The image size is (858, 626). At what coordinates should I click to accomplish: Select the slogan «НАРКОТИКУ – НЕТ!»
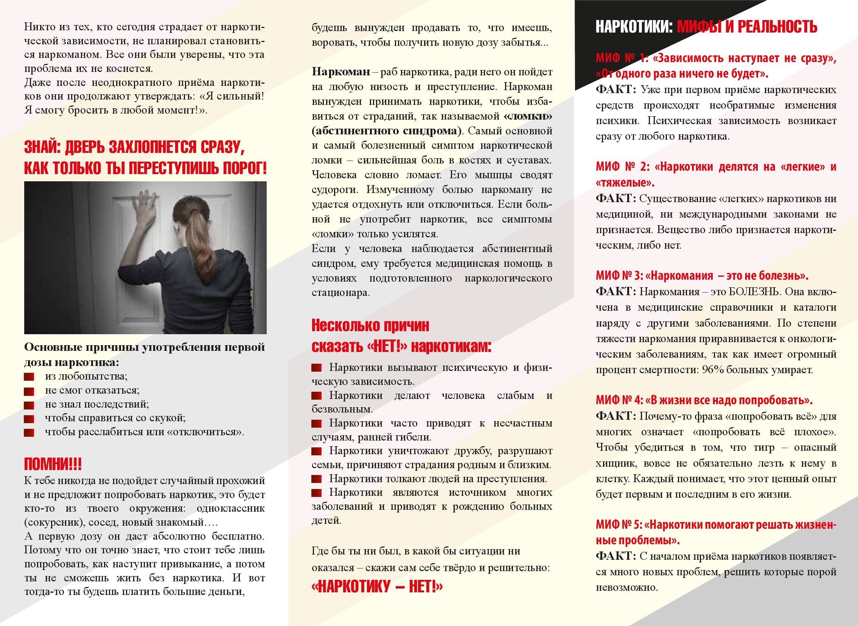[x=376, y=587]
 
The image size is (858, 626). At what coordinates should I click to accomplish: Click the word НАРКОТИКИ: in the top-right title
[x=634, y=27]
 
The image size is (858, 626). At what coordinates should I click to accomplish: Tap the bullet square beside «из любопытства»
[x=29, y=377]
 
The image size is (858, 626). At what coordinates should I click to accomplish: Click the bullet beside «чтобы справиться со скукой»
[x=29, y=419]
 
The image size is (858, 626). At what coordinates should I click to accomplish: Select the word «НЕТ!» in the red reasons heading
[x=387, y=346]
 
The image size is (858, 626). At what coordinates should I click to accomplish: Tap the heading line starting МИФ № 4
[x=704, y=400]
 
